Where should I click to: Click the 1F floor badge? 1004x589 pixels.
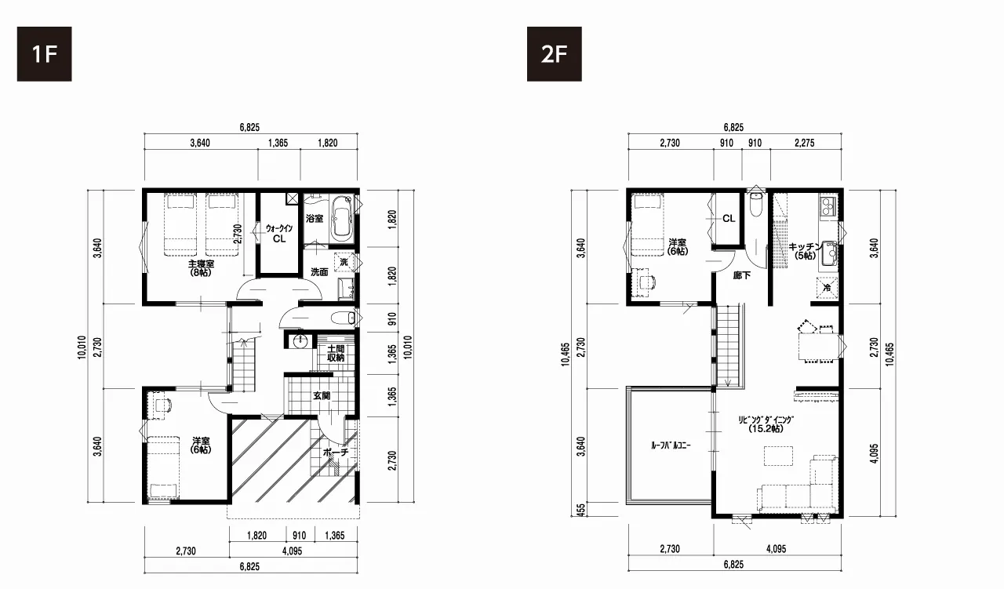[x=45, y=54]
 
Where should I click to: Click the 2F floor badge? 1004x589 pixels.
[x=554, y=54]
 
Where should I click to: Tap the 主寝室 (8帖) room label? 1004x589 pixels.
[x=200, y=268]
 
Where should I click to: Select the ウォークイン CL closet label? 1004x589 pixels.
[x=278, y=234]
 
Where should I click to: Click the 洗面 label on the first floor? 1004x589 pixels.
[x=319, y=272]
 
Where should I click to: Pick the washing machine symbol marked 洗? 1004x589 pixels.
[x=344, y=262]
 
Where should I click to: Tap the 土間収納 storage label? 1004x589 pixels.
[x=335, y=353]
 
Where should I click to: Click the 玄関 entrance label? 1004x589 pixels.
[x=322, y=396]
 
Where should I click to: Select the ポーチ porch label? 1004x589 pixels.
[x=336, y=453]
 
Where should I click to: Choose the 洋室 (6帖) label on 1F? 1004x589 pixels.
[x=200, y=445]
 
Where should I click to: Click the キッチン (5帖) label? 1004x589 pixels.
[x=805, y=251]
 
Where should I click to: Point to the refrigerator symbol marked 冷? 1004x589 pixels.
[x=827, y=288]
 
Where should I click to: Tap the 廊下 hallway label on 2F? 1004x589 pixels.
[x=742, y=275]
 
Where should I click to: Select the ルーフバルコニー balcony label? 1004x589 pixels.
[x=671, y=445]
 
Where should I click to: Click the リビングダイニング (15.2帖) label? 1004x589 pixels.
[x=766, y=424]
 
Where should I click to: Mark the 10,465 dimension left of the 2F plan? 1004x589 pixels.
[x=565, y=354]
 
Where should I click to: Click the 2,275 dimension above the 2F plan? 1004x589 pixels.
[x=805, y=143]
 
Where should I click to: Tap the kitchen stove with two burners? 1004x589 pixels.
[x=828, y=206]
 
